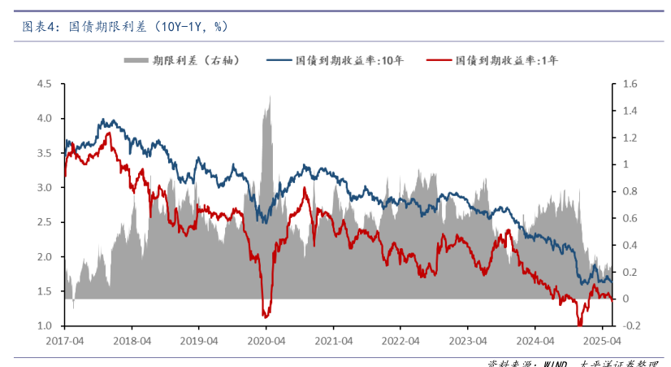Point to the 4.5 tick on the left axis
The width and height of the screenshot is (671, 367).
(44, 84)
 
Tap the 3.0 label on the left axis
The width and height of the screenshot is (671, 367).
(44, 188)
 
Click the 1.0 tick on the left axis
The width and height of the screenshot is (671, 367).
(44, 326)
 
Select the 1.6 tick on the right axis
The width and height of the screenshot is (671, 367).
(630, 84)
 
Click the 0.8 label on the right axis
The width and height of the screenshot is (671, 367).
(630, 192)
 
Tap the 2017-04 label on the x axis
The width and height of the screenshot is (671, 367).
(64, 342)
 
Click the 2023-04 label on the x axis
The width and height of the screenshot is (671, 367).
(470, 342)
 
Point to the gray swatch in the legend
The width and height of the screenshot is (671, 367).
(135, 60)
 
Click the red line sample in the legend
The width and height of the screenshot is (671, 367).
(439, 60)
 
